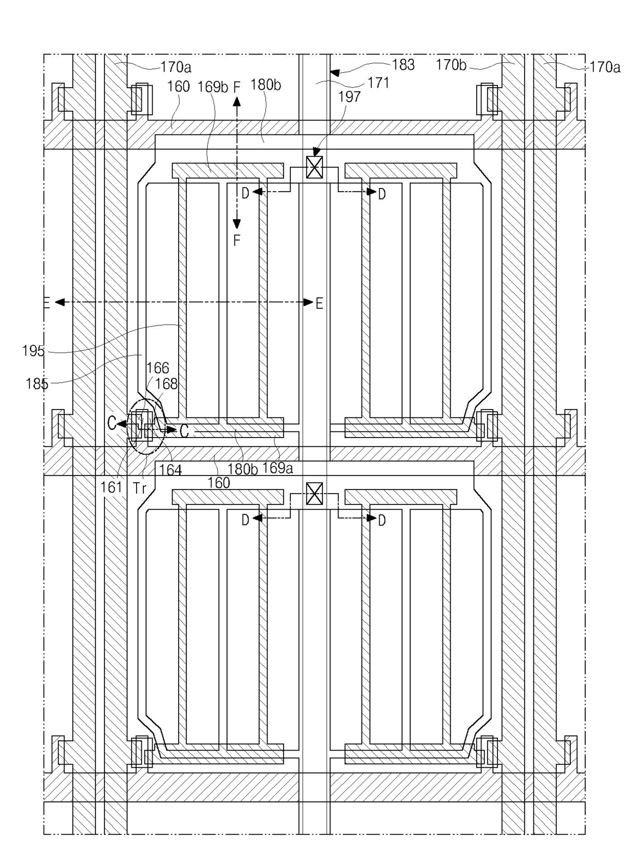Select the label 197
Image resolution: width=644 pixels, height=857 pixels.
[x=349, y=97]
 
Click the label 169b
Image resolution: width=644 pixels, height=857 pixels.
[x=212, y=87]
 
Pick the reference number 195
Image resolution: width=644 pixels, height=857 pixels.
[x=33, y=351]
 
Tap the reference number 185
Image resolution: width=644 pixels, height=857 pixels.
[x=36, y=384]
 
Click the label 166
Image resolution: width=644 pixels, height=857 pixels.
[x=157, y=368]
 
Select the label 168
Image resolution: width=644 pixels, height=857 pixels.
[x=166, y=384]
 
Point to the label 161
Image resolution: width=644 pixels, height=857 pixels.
[x=111, y=487]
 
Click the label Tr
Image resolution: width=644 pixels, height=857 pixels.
[x=139, y=488]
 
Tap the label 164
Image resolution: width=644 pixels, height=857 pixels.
[x=170, y=470]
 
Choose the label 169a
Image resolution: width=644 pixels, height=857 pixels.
[x=277, y=468]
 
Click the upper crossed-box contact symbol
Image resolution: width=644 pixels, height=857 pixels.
[x=314, y=167]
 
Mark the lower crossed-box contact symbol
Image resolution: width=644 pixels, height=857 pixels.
[x=314, y=494]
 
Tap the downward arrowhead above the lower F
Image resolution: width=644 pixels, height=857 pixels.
[x=236, y=224]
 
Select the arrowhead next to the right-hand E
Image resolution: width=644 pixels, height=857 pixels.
[x=308, y=302]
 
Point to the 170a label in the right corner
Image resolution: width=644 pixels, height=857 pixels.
[x=605, y=67]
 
